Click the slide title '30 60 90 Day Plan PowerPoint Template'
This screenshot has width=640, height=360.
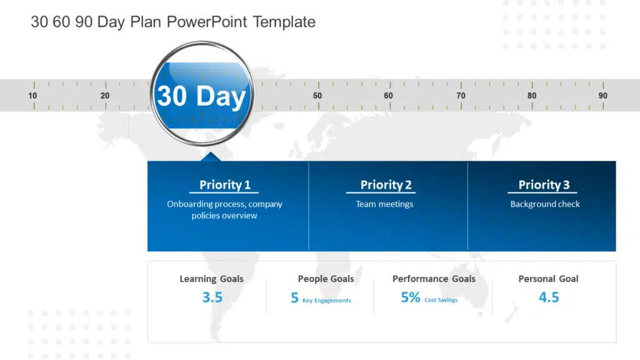click(173, 22)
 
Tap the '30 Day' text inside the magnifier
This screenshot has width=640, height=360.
click(201, 96)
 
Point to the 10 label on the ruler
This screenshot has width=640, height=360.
click(32, 96)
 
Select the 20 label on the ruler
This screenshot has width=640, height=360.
click(105, 96)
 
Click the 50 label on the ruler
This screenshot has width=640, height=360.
click(317, 96)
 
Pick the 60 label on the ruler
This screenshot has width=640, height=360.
click(389, 96)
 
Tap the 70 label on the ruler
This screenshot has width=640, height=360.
click(461, 96)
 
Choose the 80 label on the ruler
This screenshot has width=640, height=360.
click(532, 96)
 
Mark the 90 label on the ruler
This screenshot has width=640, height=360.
click(602, 96)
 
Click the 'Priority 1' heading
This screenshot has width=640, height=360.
click(225, 184)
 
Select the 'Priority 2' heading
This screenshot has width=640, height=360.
click(386, 184)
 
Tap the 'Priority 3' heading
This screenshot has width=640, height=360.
click(544, 184)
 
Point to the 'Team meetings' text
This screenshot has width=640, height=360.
click(384, 204)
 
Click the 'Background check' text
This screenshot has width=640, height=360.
click(545, 204)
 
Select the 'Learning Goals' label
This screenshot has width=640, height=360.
click(211, 279)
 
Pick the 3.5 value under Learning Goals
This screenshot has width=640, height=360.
click(212, 297)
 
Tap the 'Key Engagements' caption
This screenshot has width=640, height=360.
click(326, 301)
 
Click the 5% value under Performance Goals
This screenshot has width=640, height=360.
click(411, 297)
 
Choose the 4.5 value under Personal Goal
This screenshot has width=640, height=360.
click(549, 297)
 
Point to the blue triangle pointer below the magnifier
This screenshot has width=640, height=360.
click(211, 157)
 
